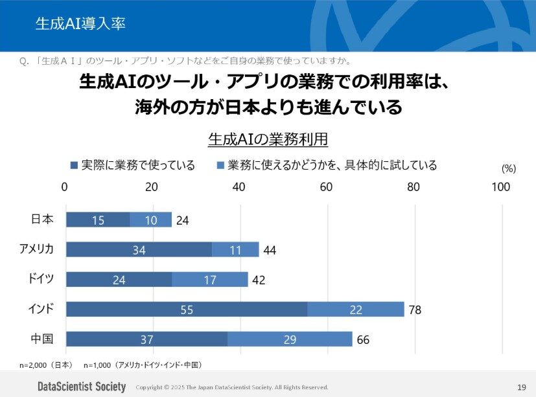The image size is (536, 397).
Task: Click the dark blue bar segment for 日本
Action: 97,220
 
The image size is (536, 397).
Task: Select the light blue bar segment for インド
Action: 355,310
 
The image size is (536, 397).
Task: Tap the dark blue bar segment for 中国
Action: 146,339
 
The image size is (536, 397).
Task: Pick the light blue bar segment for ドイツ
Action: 210,280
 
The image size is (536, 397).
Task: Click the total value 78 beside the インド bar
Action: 415,310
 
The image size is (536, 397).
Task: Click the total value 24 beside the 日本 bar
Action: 183,221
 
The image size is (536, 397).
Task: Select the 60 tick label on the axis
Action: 326,187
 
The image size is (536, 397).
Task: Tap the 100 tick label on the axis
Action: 500,187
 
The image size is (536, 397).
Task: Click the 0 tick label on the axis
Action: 65,187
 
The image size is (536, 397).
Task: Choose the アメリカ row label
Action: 37,249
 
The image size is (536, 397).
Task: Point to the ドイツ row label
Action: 40,279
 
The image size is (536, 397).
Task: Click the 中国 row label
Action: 42,339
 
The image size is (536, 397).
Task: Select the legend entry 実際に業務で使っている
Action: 132,165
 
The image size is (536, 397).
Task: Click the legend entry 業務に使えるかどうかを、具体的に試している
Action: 327,165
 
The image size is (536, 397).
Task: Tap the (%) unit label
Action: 509,168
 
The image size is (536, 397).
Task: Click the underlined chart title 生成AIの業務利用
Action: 268,139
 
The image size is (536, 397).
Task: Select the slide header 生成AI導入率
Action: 80,25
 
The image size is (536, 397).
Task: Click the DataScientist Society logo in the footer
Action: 81,387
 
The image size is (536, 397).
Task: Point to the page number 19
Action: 521,387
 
